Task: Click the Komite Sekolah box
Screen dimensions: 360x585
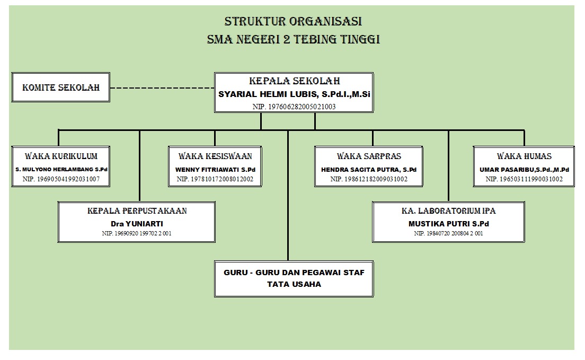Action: click(x=61, y=87)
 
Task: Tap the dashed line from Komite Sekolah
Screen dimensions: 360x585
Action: click(x=162, y=87)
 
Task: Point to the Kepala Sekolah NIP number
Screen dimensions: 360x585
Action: click(x=294, y=107)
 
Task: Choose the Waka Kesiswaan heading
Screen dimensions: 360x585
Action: click(x=215, y=156)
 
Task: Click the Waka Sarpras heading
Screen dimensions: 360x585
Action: click(x=369, y=156)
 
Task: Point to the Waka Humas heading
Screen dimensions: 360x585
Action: click(x=524, y=156)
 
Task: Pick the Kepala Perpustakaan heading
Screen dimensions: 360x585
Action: click(x=137, y=211)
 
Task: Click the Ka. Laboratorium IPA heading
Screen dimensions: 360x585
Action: click(x=449, y=211)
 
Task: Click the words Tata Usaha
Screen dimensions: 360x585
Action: click(x=294, y=284)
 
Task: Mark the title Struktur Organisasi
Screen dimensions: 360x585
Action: click(x=294, y=22)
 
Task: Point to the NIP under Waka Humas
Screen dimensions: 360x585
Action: click(x=524, y=180)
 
